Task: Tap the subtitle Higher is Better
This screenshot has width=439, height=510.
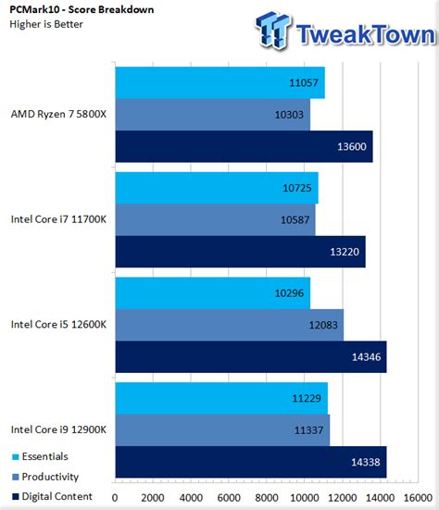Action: (48, 25)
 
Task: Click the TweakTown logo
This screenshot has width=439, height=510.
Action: (345, 33)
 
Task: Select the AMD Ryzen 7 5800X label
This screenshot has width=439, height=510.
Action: (57, 115)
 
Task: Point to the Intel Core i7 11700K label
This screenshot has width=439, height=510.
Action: (58, 219)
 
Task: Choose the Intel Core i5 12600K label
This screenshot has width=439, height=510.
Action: (58, 324)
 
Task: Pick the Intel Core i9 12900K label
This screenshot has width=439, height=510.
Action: (58, 429)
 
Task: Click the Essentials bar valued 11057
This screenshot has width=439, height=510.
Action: (219, 83)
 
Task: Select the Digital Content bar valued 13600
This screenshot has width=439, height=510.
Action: (244, 146)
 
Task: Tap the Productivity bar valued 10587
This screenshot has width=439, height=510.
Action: (215, 219)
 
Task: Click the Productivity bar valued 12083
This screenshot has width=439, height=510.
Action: (229, 325)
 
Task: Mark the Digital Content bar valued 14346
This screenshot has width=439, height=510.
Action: (250, 356)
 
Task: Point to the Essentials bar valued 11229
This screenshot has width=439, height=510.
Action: (221, 398)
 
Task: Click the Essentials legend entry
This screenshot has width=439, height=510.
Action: (42, 456)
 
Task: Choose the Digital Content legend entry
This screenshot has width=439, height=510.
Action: (52, 497)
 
